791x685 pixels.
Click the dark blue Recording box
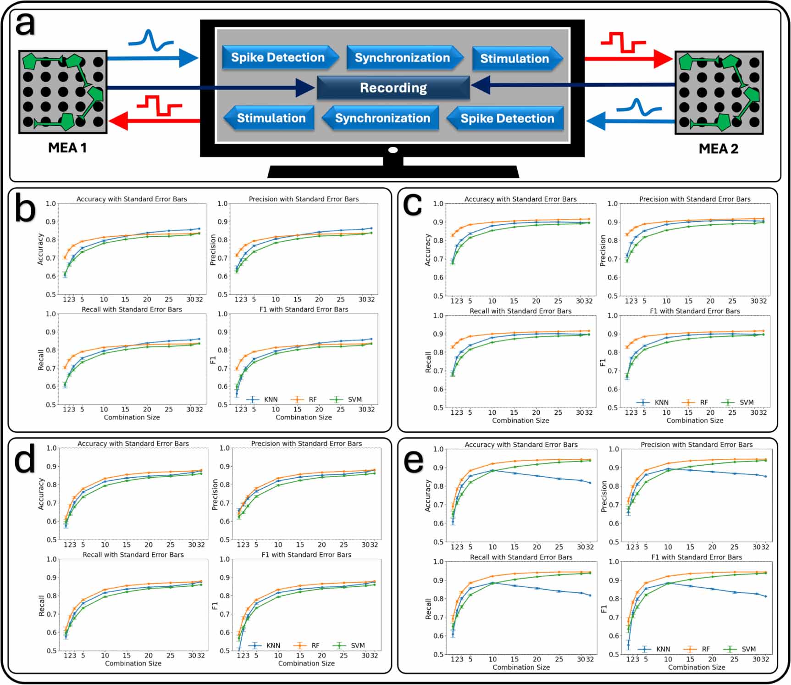point(393,88)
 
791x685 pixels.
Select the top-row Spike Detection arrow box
point(278,57)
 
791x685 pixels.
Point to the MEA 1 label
point(67,148)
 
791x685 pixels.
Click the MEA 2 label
point(718,149)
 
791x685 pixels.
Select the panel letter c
point(412,205)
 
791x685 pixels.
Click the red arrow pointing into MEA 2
point(628,59)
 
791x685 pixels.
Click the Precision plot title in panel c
point(695,199)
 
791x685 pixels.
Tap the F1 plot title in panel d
point(306,555)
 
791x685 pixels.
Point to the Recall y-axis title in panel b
point(41,360)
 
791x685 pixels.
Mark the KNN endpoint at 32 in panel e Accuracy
point(590,483)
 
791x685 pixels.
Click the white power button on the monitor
point(393,150)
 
